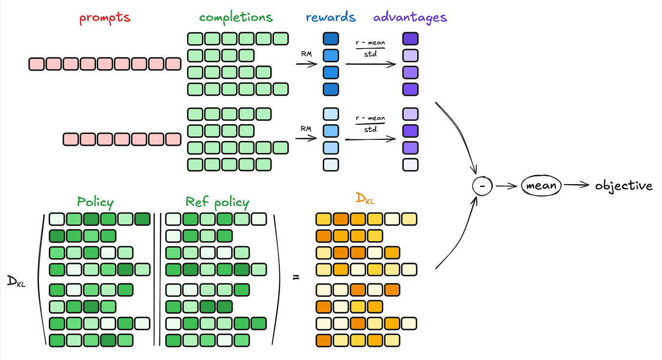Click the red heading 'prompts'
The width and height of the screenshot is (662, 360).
click(105, 18)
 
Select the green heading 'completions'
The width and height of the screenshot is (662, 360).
click(236, 18)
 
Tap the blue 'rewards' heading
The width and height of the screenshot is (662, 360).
click(331, 18)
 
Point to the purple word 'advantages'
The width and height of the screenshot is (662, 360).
click(410, 18)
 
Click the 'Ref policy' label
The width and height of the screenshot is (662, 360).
click(217, 202)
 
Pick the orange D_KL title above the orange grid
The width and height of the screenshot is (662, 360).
click(365, 199)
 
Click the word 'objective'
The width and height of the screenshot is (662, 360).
click(623, 186)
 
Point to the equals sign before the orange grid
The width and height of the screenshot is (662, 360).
click(295, 278)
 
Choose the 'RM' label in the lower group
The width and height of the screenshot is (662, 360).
click(306, 129)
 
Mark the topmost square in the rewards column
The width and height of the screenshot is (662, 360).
click(331, 38)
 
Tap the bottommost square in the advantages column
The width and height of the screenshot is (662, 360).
click(410, 165)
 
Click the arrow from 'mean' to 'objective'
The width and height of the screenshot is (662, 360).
click(577, 185)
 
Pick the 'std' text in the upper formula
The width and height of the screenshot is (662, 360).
click(370, 54)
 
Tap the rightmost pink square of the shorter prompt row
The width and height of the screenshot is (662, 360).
click(173, 139)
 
